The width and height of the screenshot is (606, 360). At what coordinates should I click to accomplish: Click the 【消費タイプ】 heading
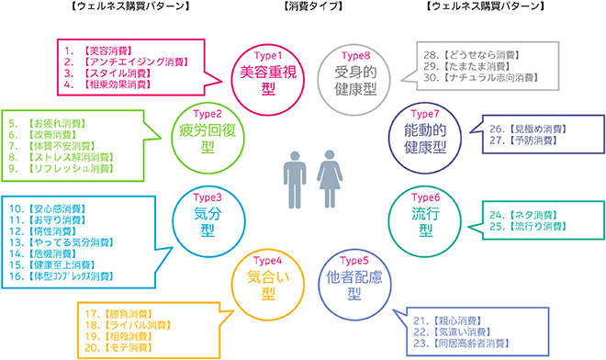(x=302, y=7)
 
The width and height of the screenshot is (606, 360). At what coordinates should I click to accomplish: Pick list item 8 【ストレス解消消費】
(x=74, y=157)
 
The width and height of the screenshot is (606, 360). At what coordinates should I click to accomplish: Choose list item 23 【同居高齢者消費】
(x=464, y=343)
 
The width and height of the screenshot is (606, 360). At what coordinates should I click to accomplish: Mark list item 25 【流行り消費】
(x=526, y=225)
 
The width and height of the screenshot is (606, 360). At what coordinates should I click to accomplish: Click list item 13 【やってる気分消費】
(x=74, y=242)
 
